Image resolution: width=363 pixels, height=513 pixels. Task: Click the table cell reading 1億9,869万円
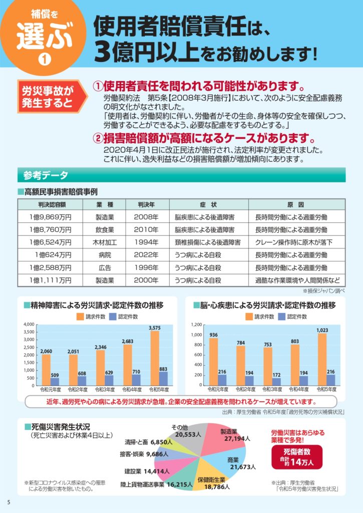[51, 217]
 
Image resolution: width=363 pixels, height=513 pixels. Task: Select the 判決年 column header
[146, 204]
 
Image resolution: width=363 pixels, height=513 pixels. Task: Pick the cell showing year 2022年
[146, 255]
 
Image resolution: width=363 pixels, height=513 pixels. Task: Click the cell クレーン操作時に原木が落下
[293, 242]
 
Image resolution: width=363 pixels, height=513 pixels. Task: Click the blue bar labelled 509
[55, 381]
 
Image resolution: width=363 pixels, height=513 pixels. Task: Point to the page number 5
[9, 502]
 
